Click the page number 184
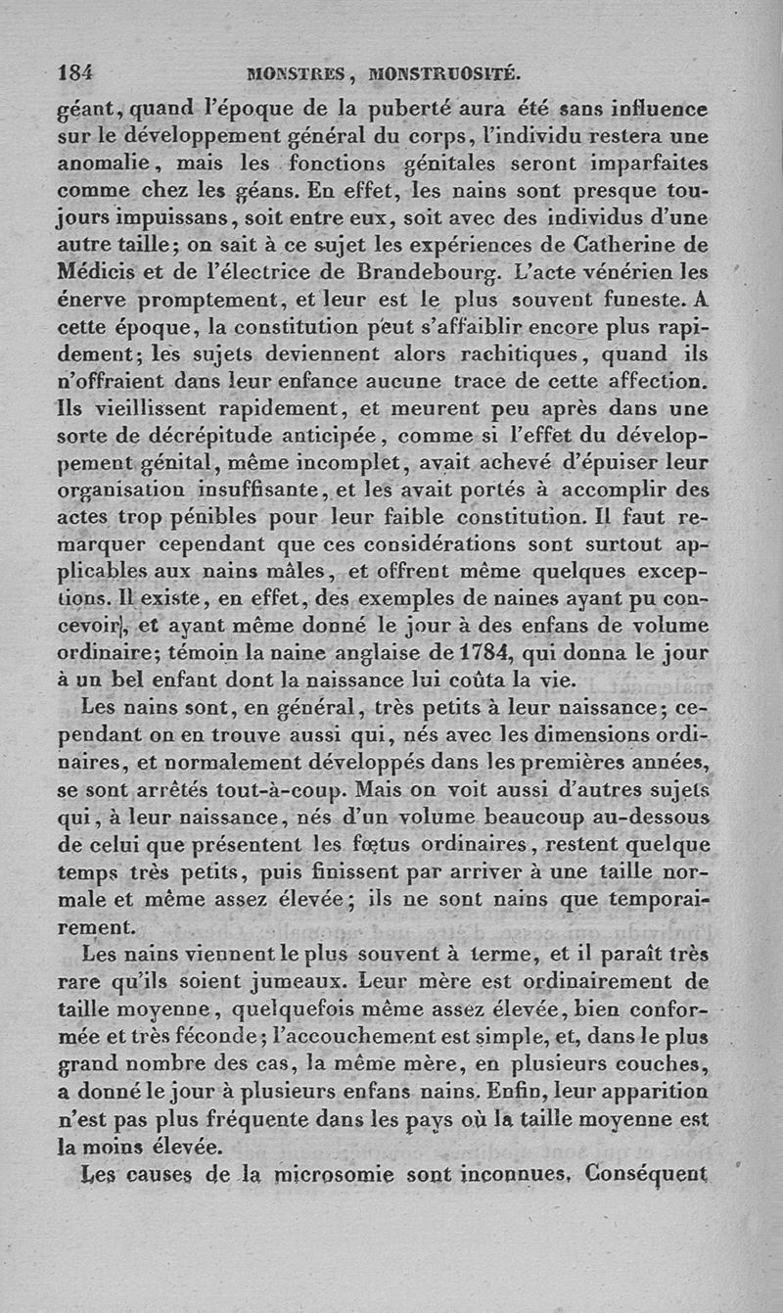[75, 71]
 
